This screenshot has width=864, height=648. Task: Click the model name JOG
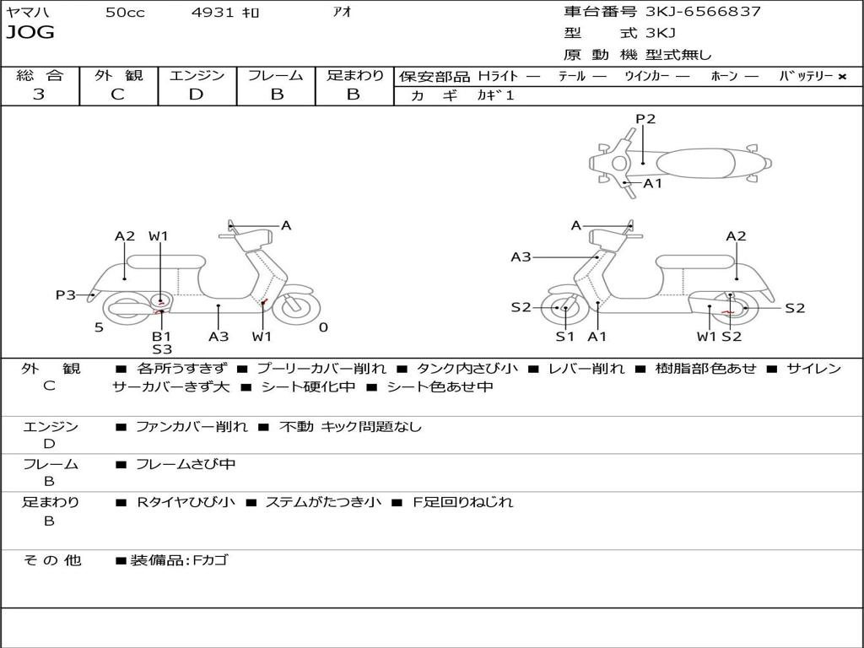click(x=30, y=33)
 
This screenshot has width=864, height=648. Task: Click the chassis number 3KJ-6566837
click(x=703, y=12)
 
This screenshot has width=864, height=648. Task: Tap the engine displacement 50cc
click(x=125, y=13)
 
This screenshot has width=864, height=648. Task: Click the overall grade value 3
click(x=39, y=94)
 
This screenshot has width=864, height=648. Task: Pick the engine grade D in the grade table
click(x=196, y=94)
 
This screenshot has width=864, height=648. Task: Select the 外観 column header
click(x=118, y=75)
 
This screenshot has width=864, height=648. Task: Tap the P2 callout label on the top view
click(x=645, y=119)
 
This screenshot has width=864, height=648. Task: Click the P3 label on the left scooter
click(x=66, y=294)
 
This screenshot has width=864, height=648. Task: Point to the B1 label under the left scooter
click(x=161, y=336)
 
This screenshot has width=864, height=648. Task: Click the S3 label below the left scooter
click(x=162, y=349)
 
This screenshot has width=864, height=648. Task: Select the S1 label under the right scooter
click(x=564, y=337)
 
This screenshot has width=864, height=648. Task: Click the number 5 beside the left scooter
click(x=99, y=327)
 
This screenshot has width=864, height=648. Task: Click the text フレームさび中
click(x=186, y=464)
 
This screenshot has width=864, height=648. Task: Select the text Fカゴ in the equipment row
click(x=209, y=560)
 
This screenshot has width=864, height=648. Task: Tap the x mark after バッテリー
click(x=841, y=76)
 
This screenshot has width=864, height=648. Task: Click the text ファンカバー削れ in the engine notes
click(x=192, y=427)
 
